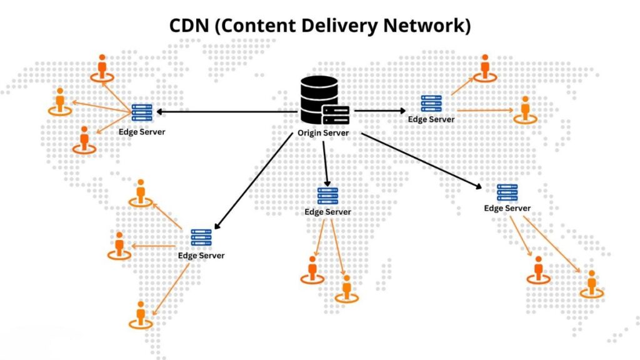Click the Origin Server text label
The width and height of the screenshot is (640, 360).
click(x=322, y=133)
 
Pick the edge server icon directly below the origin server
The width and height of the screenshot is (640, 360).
click(x=327, y=196)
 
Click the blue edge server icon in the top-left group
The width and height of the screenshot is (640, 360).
click(x=142, y=113)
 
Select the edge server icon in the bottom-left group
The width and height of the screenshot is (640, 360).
click(x=201, y=238)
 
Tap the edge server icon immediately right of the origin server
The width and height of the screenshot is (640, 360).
click(x=431, y=104)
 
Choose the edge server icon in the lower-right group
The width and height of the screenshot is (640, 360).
click(x=507, y=192)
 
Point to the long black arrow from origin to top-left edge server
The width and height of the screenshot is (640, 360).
click(x=225, y=112)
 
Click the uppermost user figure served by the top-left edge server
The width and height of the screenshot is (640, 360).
click(x=102, y=67)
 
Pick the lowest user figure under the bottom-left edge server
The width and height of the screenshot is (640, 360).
click(x=141, y=314)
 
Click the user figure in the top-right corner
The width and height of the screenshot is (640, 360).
click(x=484, y=67)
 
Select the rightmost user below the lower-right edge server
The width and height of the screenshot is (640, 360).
click(x=591, y=283)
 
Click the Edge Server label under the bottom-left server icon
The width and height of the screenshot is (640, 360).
click(x=201, y=256)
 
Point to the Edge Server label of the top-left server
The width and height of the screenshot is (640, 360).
click(x=142, y=132)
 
